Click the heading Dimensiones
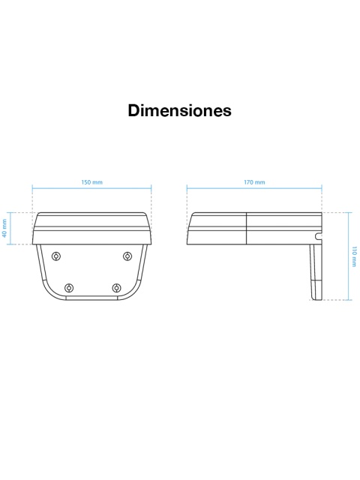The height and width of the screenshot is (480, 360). pos(180,110)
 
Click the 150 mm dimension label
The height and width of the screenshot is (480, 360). pos(91,182)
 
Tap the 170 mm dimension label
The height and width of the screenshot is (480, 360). pos(254,182)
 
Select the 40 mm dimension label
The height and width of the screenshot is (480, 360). pos(4,228)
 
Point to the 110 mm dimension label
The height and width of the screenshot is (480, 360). pos(354,256)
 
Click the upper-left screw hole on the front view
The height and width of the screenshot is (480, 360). pos(56,256)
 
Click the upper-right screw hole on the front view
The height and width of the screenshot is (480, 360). pos(127,256)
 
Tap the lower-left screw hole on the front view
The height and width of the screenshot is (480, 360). pos(69,288)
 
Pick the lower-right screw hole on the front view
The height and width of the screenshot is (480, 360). pos(116,288)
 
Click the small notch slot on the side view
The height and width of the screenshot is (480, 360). pos(319,236)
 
